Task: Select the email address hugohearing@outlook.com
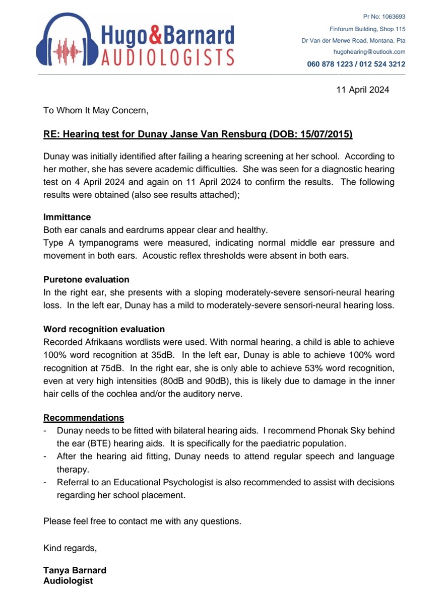(369, 52)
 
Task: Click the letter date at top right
(362, 90)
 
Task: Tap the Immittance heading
(67, 217)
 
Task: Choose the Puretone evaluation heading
(86, 279)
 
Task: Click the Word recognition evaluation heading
(104, 329)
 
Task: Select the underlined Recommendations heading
(84, 418)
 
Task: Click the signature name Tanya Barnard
(75, 570)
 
